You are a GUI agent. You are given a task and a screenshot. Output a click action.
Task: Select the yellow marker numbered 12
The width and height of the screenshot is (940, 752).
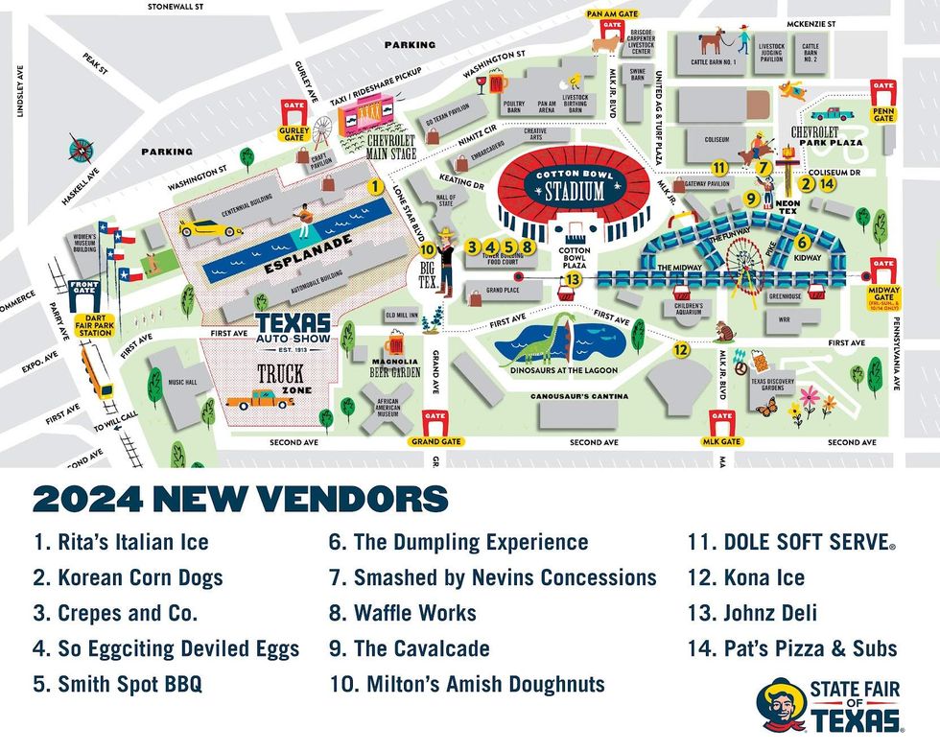pos(681,350)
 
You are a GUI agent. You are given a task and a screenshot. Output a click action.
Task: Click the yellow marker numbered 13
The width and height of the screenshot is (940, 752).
pos(573,278)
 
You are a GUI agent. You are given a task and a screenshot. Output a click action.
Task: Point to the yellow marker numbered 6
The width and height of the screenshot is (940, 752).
pos(802,243)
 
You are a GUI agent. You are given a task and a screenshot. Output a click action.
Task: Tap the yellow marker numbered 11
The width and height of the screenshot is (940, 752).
pos(720,168)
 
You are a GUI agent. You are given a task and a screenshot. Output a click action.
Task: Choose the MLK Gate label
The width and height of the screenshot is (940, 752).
pos(722,442)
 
